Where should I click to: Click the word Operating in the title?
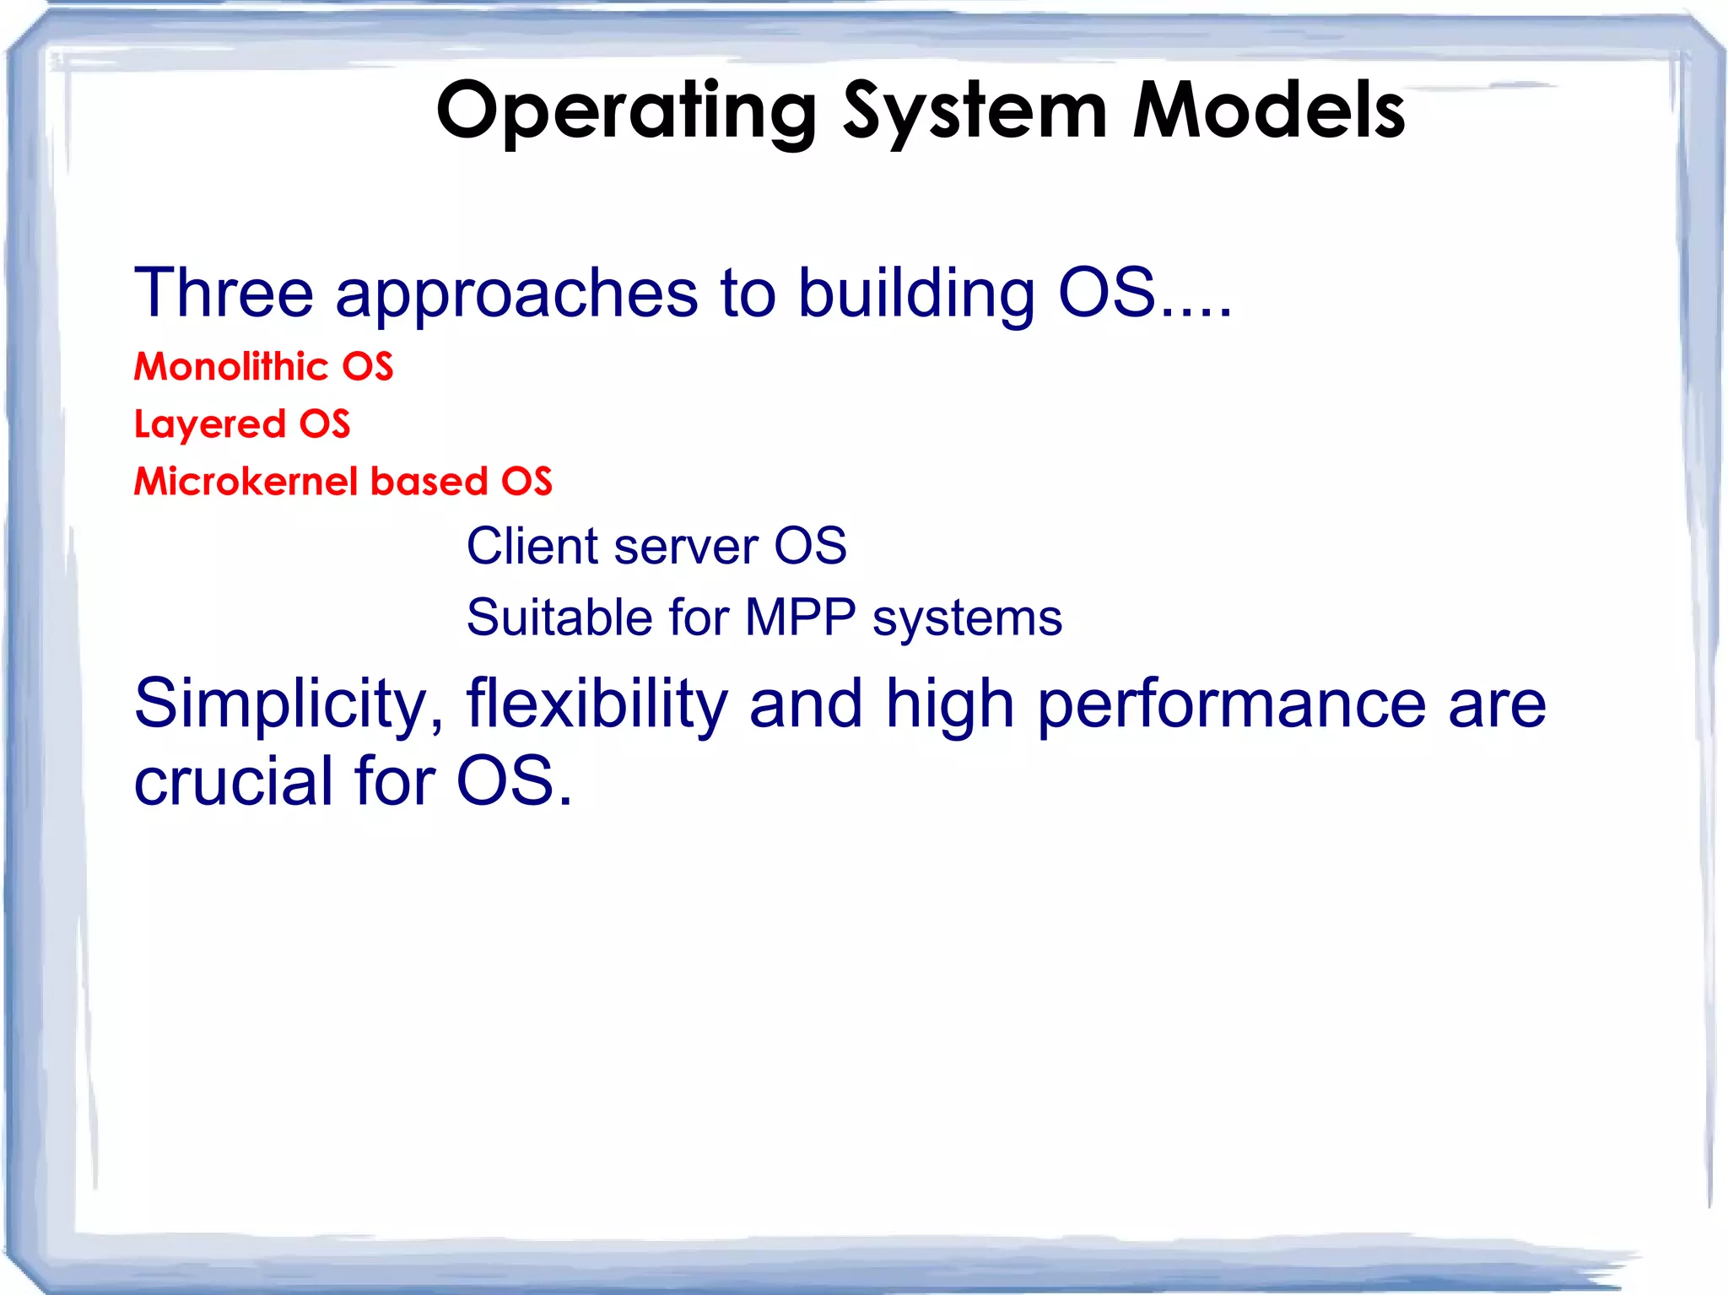click(626, 111)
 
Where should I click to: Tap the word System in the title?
click(975, 111)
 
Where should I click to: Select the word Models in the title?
click(1268, 111)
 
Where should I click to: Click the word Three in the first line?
click(224, 293)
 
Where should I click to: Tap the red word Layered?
click(209, 424)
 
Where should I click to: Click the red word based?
click(429, 482)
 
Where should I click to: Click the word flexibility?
click(597, 704)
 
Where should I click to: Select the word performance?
click(1231, 705)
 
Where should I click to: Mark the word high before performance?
click(949, 705)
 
